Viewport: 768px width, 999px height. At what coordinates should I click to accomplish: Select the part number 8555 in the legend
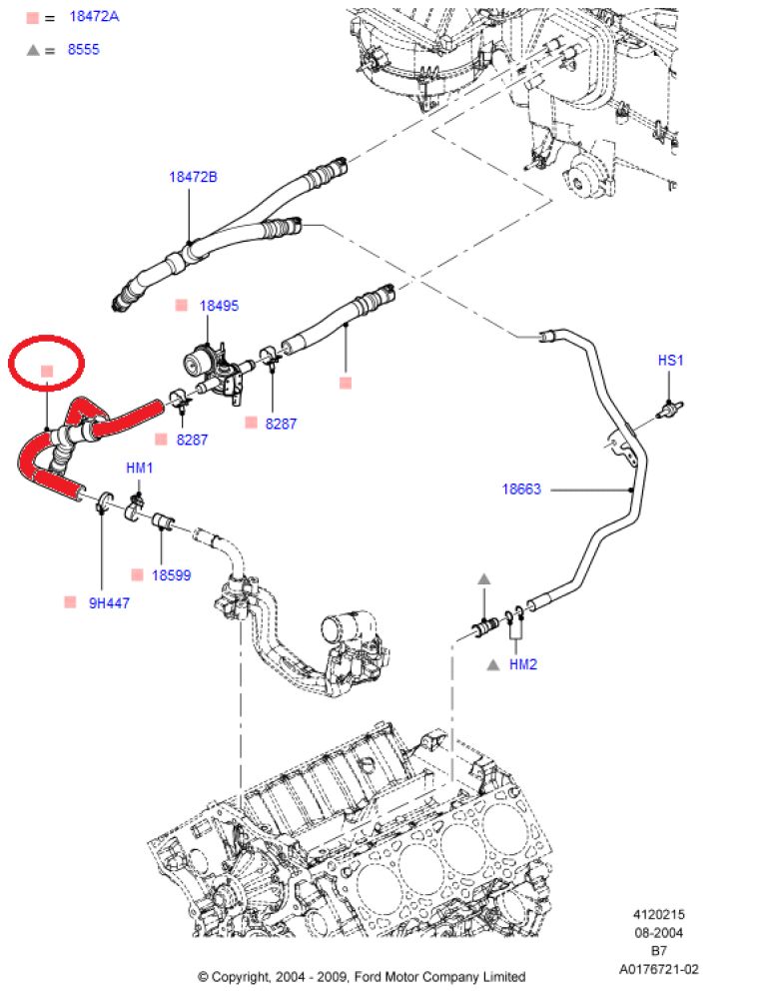(x=83, y=49)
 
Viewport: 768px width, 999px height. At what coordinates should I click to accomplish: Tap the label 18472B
(x=192, y=177)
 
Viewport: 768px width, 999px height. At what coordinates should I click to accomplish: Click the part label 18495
(x=219, y=306)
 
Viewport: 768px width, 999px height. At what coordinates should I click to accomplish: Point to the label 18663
(x=521, y=490)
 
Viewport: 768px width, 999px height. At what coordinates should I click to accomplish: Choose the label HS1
(x=670, y=361)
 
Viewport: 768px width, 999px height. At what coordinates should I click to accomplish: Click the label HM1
(x=139, y=468)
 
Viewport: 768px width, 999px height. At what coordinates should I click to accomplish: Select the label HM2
(x=523, y=664)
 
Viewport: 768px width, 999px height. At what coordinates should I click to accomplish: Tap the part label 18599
(x=171, y=575)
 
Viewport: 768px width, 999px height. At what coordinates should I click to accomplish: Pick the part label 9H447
(x=109, y=602)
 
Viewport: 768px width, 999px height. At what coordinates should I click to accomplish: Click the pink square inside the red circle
(x=46, y=372)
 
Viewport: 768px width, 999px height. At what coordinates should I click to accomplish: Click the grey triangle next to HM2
(x=492, y=664)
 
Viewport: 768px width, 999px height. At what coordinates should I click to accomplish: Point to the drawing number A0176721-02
(x=658, y=968)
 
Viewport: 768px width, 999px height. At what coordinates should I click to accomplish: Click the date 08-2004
(x=658, y=932)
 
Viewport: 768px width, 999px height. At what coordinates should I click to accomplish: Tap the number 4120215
(x=658, y=914)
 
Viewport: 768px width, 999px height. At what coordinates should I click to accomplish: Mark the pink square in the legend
(x=33, y=18)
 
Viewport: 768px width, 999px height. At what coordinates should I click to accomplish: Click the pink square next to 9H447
(x=70, y=602)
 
